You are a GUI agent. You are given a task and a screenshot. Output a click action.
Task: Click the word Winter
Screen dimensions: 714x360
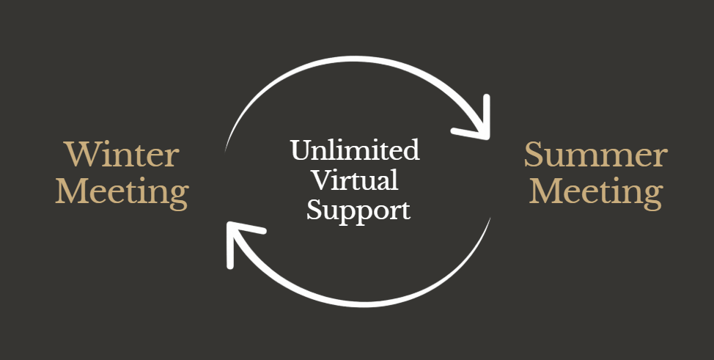click(x=122, y=155)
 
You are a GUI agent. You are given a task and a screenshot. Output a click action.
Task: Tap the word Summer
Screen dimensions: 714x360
click(x=595, y=155)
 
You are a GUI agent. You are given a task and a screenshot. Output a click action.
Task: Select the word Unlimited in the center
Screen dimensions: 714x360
click(x=355, y=151)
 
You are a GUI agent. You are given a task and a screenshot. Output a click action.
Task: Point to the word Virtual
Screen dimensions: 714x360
click(x=355, y=180)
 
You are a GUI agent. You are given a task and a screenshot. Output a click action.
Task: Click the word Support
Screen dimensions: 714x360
click(x=358, y=210)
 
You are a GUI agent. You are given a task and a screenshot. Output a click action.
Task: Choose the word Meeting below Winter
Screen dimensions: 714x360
click(x=122, y=192)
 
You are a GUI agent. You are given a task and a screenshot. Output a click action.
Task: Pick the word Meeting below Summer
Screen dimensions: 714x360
click(x=595, y=192)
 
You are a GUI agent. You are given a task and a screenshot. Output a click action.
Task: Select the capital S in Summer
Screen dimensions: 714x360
click(x=534, y=155)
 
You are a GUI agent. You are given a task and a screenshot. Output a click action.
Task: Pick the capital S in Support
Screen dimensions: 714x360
click(x=315, y=210)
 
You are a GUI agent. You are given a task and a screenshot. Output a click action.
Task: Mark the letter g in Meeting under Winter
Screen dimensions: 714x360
click(x=177, y=196)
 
